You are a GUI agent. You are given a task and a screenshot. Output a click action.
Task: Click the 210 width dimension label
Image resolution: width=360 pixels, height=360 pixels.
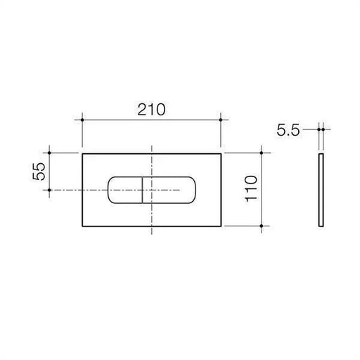pos(151,110)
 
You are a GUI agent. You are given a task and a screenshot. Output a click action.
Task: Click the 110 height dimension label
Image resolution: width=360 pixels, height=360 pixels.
pos(251,188)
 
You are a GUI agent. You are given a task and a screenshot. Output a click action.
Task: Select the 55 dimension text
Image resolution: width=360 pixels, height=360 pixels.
pos(39,172)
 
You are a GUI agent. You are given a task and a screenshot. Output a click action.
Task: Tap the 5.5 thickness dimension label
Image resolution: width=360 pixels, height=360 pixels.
pos(288,130)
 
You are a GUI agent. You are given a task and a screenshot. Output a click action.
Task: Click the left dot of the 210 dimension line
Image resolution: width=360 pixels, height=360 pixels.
pos(82,120)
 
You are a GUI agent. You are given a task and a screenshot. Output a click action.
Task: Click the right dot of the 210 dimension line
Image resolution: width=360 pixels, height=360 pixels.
pos(221,120)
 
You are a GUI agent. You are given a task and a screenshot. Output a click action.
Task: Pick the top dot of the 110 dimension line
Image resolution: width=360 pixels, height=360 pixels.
pos(262,153)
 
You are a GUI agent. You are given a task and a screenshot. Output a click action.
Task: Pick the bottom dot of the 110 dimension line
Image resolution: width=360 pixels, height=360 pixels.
pos(262,226)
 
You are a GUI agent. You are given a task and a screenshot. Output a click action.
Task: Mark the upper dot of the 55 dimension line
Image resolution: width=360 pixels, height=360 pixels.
pos(49,153)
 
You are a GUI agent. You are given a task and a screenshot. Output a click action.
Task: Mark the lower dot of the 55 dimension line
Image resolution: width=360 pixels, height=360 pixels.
pos(49,190)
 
